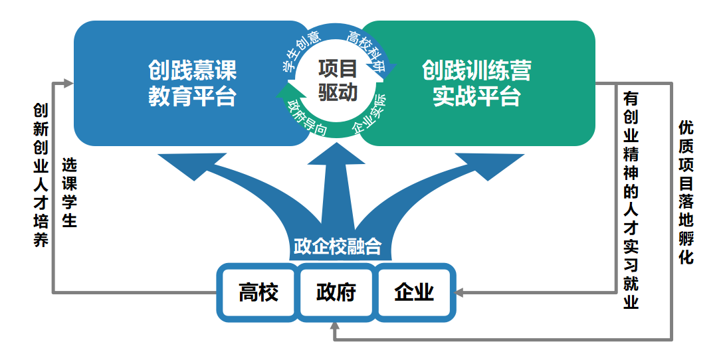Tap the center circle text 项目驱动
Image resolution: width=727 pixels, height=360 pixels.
coord(337,80)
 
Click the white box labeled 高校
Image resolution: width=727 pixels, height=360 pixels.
coord(258,293)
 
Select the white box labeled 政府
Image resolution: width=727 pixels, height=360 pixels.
coord(336,293)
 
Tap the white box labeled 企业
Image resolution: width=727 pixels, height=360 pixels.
coord(414,293)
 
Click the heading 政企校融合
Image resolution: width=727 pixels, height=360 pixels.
coord(337,246)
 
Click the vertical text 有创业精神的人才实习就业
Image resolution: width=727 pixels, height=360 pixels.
coord(631,200)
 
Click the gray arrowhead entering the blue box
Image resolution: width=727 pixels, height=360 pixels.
coord(67,83)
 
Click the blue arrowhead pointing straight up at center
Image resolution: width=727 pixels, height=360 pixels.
coord(337,154)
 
